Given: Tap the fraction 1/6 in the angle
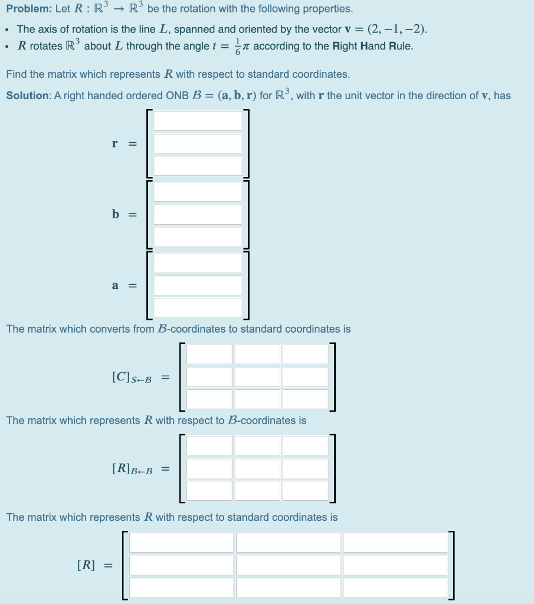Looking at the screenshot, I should pos(238,46).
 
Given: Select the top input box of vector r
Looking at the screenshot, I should pos(198,121).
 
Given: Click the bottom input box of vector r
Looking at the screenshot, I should pos(198,166).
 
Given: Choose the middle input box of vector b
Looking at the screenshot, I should pos(198,215).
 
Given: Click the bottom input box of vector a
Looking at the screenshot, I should pos(198,307).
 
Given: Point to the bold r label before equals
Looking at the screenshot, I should pos(115,143).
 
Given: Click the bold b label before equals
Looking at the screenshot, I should pos(116,214).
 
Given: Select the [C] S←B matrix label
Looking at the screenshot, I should pos(131,377).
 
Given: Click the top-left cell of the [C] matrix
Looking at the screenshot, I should pos(210,354).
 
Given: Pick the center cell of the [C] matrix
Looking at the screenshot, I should pos(257,377).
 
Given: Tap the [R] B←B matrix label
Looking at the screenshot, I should pos(131,470).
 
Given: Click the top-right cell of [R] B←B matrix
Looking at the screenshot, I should pos(305,446).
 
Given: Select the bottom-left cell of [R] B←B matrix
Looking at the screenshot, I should pos(210,491).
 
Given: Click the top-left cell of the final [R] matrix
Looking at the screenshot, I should pos(182,543).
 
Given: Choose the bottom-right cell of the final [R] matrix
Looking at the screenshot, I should pos(395,587).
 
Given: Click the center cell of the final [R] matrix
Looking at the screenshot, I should pos(288,565).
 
